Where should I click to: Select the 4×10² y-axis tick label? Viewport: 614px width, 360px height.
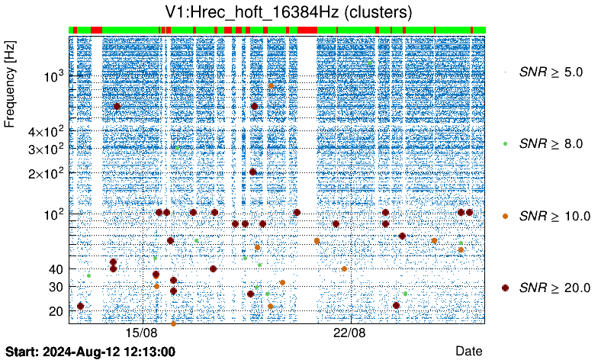point(45,130)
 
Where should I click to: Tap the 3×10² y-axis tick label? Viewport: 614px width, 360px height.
point(45,148)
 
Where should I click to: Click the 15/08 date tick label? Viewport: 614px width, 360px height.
point(141,333)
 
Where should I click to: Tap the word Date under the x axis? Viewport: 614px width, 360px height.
point(468,351)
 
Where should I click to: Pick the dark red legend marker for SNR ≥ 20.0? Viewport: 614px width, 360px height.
point(506,288)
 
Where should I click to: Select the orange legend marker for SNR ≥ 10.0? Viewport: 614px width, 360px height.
point(506,216)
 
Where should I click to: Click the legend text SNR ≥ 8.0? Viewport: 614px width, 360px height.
point(551,143)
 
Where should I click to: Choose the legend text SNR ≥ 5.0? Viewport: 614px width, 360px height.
point(551,72)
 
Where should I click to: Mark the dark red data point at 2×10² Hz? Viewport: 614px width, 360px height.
point(253,172)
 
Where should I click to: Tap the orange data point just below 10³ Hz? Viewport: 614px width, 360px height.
point(271,86)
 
